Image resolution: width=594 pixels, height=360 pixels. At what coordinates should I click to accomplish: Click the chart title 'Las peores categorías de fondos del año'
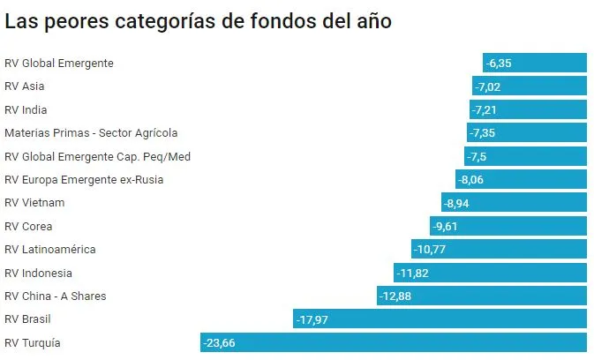point(198,22)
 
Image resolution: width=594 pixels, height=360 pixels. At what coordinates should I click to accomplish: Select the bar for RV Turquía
point(393,342)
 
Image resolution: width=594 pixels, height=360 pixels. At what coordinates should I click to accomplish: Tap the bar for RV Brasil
point(440,319)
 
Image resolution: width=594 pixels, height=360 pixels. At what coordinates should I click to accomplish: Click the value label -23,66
point(219,342)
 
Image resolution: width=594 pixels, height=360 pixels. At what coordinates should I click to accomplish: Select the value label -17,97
point(312,319)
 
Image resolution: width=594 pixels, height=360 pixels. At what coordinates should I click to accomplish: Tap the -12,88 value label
point(395,296)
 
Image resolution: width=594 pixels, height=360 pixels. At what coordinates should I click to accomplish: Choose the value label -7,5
point(478,156)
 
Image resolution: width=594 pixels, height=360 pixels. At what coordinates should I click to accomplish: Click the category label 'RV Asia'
point(25,86)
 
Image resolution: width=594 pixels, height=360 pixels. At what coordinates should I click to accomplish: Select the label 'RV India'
point(26,109)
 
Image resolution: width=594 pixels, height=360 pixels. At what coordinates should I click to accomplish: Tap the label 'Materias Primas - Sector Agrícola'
point(91,132)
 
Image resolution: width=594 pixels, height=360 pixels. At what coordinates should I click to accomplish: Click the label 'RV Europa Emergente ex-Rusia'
point(84,179)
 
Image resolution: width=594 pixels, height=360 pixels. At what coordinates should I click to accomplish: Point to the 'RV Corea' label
point(28,226)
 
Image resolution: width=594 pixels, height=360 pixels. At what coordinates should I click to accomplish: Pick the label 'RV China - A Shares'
point(56,296)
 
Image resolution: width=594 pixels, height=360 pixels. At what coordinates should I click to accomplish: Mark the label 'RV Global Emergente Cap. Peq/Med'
point(97,156)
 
